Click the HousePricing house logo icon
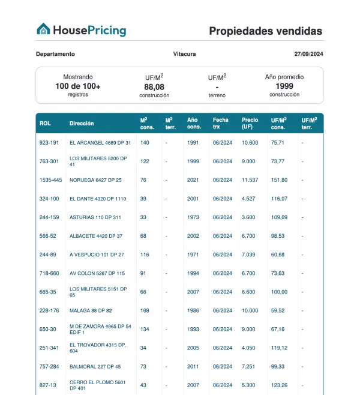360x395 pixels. [43, 29]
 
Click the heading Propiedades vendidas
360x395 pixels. [265, 31]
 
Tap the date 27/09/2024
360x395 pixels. [308, 54]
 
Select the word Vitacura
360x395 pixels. [184, 54]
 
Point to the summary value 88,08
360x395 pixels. [154, 87]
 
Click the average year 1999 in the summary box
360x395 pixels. [284, 86]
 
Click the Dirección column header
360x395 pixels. [82, 124]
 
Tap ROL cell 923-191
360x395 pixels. [49, 143]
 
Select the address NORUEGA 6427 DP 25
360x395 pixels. [95, 180]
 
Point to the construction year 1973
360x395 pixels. [193, 217]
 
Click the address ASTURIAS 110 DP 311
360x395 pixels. [95, 217]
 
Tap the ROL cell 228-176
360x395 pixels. [49, 310]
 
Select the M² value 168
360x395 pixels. [145, 310]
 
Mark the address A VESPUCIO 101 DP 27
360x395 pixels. [97, 255]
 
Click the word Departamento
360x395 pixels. [55, 54]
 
